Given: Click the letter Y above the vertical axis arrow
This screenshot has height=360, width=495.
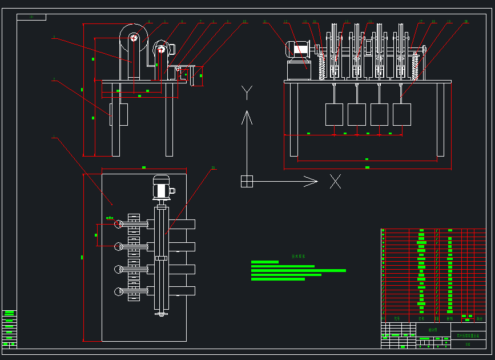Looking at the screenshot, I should point(247,92).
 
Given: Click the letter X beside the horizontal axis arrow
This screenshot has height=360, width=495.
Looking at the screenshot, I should point(335,182).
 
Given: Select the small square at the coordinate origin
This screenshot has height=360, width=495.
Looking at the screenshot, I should point(247,181).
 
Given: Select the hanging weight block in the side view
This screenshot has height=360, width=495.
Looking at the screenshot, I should point(119,114).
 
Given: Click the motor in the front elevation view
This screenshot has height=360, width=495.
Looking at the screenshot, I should point(297,49).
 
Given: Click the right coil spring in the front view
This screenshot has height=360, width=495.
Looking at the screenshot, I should point(416,66).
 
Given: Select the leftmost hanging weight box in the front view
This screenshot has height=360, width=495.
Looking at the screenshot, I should point(334,114).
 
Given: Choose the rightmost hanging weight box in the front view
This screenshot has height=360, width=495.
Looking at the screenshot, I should point(401,114).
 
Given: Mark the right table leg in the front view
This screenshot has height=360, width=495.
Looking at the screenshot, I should point(440,119).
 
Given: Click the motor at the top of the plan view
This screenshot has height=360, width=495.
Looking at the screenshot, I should point(161,186).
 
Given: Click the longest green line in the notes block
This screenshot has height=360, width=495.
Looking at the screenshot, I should point(298,270).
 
